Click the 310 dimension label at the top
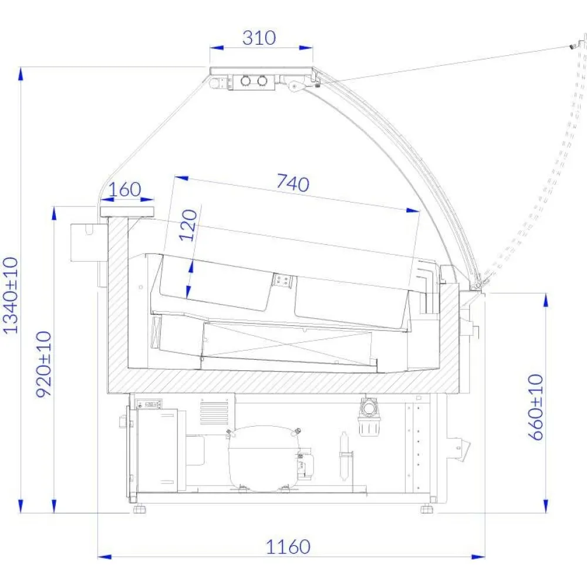259,38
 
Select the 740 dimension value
293,183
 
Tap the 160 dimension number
124,190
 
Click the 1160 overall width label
288,547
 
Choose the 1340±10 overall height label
11,295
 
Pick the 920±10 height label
44,365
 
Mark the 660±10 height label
536,407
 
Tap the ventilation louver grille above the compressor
214,411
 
